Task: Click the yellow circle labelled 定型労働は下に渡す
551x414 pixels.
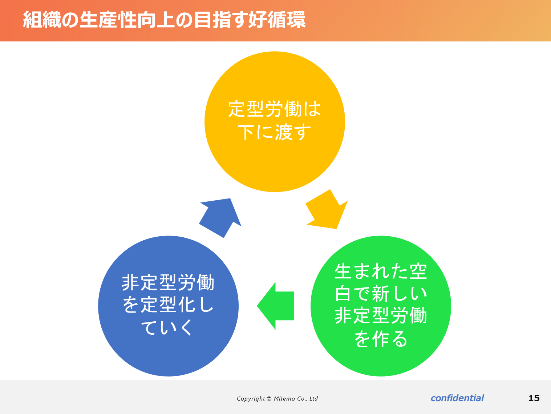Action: click(x=275, y=122)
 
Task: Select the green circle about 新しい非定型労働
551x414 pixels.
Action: click(x=381, y=306)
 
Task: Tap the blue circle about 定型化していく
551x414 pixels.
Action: click(x=168, y=306)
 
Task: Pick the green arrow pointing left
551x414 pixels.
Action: click(x=275, y=306)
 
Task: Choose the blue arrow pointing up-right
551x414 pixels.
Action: click(x=220, y=218)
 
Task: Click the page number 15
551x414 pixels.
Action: click(x=534, y=398)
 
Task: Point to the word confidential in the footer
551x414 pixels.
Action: click(x=457, y=398)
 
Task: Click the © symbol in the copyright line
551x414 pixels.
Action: click(x=269, y=399)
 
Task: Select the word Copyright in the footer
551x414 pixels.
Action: click(x=251, y=399)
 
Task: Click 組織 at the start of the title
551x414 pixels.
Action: click(x=42, y=20)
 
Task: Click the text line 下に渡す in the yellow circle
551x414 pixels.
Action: click(x=274, y=132)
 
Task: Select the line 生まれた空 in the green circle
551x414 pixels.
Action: click(x=381, y=272)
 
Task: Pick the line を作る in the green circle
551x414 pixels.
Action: click(x=381, y=339)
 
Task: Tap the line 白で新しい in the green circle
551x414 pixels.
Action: click(x=381, y=293)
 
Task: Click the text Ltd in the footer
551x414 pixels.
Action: click(x=313, y=399)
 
